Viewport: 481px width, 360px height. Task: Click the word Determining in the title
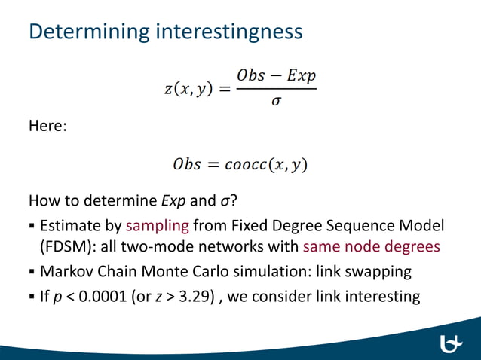click(x=89, y=32)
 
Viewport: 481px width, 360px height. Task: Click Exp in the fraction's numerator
click(x=301, y=76)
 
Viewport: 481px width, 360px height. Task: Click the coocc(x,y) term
click(x=271, y=163)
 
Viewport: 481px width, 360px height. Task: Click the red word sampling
click(x=158, y=225)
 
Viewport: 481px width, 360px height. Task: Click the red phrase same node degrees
click(x=371, y=246)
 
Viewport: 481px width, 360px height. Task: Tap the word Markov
click(x=65, y=271)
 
